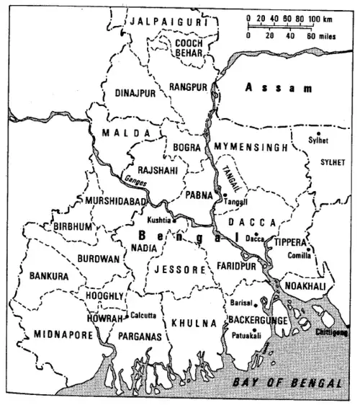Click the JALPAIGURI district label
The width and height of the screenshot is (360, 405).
coord(165,22)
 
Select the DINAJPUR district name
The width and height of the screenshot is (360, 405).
coord(136,93)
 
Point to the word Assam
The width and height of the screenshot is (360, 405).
coord(278,88)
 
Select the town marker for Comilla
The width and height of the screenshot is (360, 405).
coord(310,250)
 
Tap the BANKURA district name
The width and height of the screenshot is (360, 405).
coord(48,275)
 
